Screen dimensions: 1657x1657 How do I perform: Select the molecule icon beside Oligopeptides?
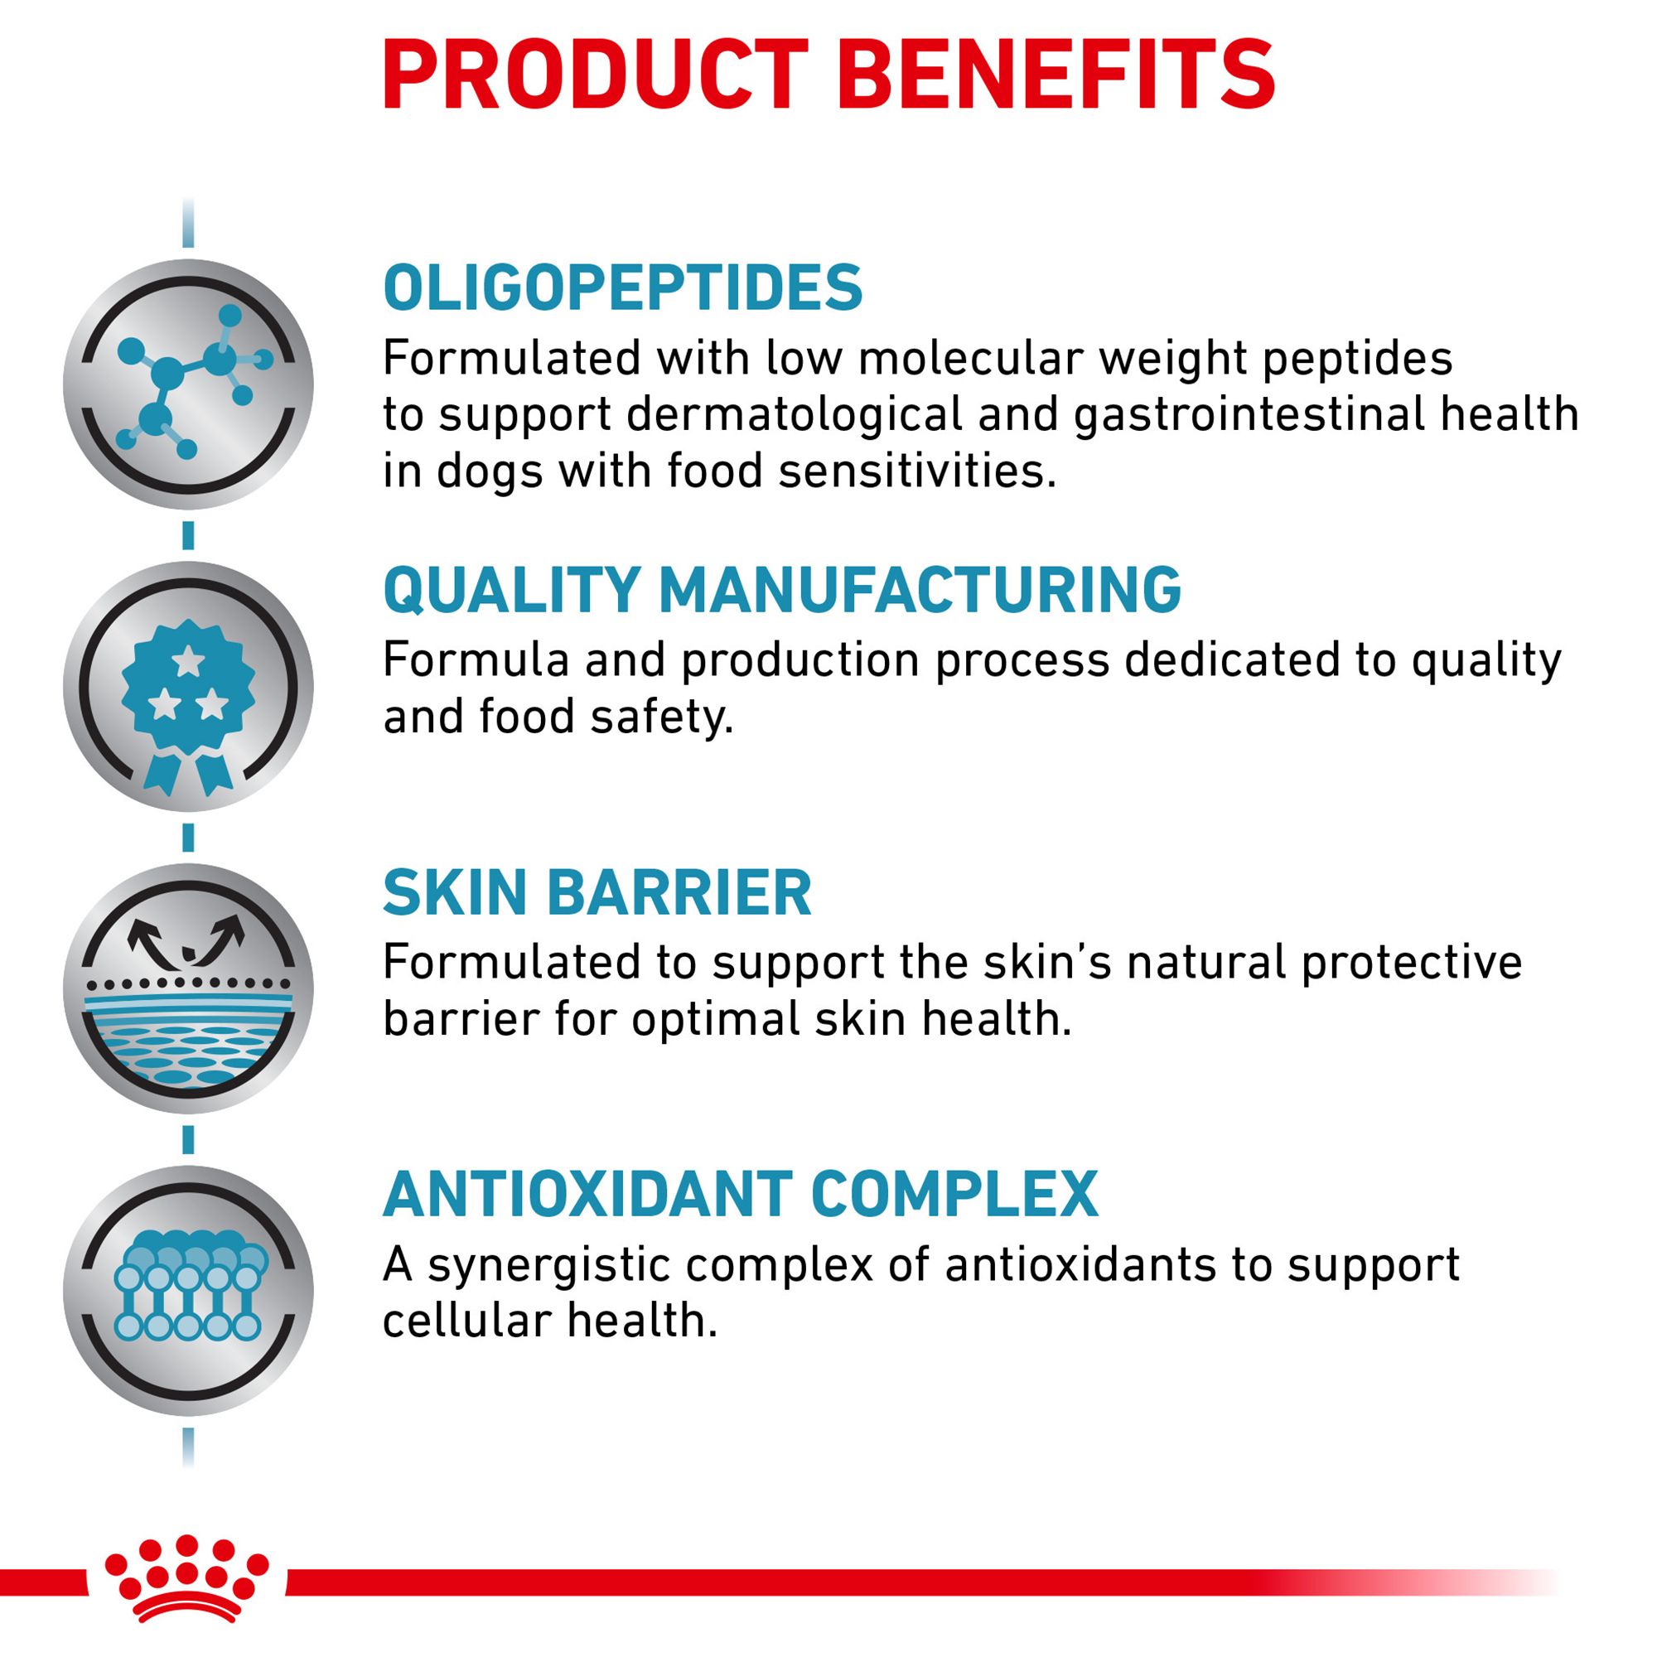(188, 384)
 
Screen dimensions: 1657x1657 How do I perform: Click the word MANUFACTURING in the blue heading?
(920, 589)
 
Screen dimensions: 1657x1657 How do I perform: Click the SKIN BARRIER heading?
(597, 893)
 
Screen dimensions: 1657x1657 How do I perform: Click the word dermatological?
(795, 415)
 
